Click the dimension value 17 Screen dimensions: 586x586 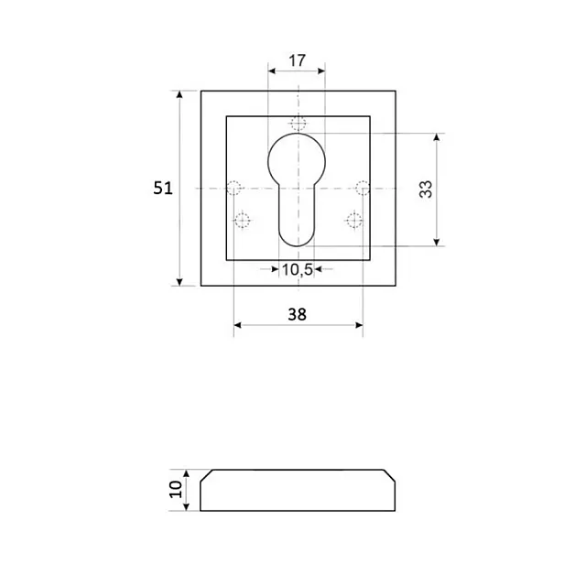(297, 60)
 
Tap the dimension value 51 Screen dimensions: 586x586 (163, 188)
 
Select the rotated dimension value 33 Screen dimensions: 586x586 (426, 190)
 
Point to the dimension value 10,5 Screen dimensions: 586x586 (297, 269)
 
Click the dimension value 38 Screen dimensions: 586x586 (297, 315)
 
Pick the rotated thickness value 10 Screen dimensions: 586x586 (176, 490)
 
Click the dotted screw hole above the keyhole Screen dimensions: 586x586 (298, 123)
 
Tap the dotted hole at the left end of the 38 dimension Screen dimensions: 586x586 (234, 188)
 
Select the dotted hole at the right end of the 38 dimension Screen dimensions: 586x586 (363, 188)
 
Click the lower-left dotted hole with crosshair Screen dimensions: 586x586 (242, 221)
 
